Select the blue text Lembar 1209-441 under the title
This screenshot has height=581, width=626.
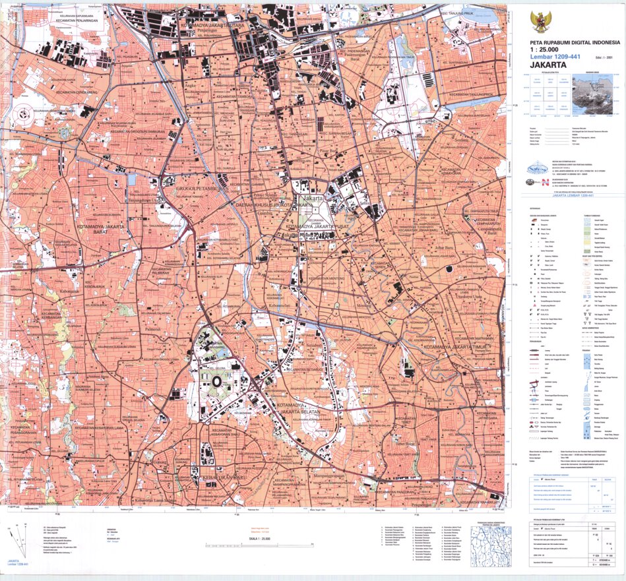point(555,57)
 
